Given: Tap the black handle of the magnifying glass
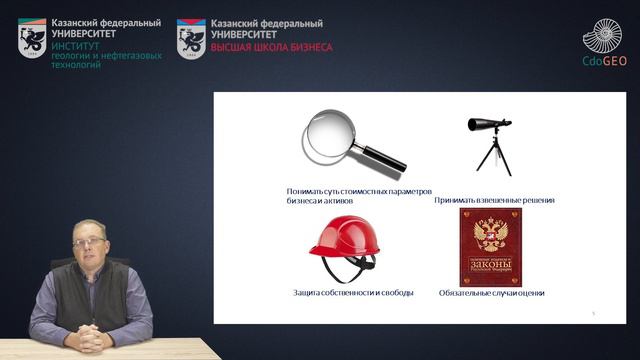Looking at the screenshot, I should coord(382,158).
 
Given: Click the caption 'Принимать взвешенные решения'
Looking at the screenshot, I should coord(494,200).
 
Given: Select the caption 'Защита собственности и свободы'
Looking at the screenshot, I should coord(339,293).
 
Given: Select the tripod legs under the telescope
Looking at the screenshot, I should coord(493,156).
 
